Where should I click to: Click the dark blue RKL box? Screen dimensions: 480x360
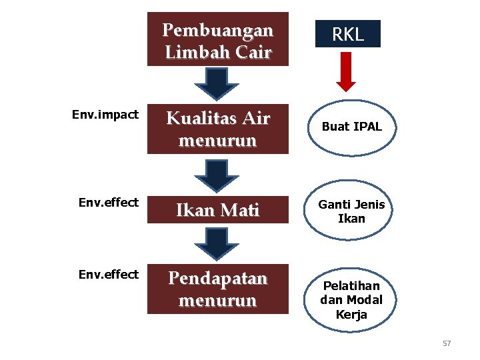(348, 34)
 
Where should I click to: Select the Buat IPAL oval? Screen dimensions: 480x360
(351, 127)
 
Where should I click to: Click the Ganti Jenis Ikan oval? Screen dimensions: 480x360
(351, 211)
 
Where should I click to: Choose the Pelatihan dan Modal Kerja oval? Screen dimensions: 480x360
(351, 300)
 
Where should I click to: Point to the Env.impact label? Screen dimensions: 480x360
(105, 115)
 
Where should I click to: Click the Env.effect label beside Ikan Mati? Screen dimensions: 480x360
(108, 201)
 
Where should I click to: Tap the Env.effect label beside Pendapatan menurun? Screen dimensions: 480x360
(108, 274)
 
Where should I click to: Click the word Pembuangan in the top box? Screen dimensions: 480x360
(218, 31)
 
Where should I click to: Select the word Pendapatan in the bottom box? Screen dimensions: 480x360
(218, 279)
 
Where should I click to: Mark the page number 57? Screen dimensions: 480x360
(447, 343)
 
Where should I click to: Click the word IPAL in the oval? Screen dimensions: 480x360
(367, 127)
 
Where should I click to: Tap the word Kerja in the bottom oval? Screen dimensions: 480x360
(351, 314)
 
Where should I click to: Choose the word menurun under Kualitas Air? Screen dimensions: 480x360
(218, 141)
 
